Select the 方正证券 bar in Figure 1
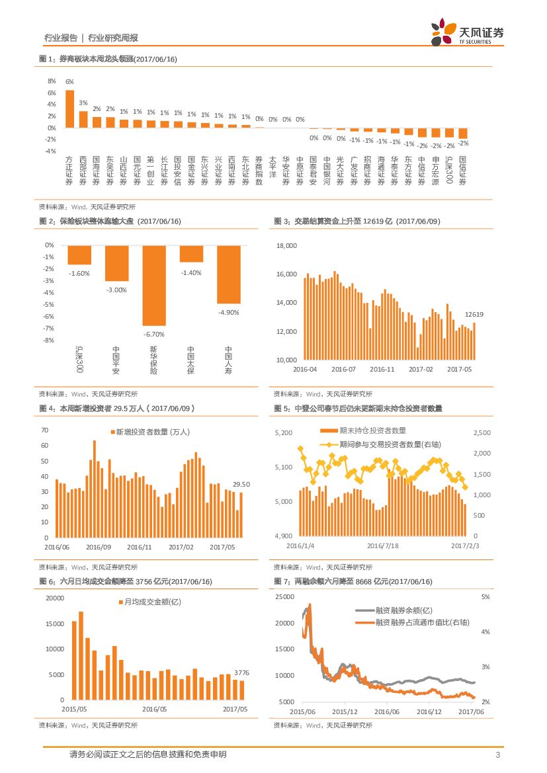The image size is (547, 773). [x=69, y=109]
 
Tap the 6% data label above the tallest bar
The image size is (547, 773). [x=69, y=81]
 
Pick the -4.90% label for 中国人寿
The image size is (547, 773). [x=229, y=311]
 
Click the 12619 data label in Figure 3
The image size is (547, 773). [x=474, y=314]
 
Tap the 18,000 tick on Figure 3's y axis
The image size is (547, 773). [x=288, y=245]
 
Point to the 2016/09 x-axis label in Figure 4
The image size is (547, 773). [x=98, y=547]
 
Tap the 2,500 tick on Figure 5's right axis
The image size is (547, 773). [x=484, y=432]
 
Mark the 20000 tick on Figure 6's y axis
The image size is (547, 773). [x=54, y=598]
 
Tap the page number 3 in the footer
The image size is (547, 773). [x=497, y=755]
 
